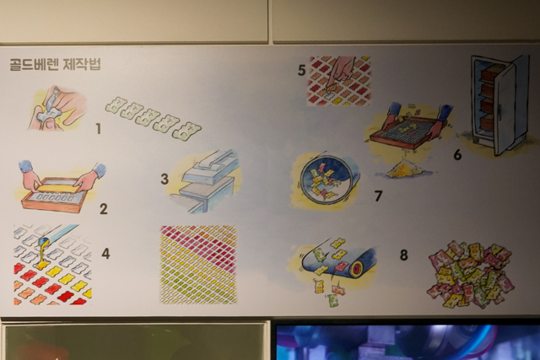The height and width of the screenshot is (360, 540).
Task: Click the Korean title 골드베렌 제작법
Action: pyautogui.click(x=55, y=64)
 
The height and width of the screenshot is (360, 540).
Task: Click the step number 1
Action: pyautogui.click(x=99, y=129)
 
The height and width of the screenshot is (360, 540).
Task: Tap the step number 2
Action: pyautogui.click(x=103, y=209)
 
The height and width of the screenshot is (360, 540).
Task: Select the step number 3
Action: pyautogui.click(x=165, y=179)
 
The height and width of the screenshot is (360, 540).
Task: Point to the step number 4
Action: pyautogui.click(x=105, y=254)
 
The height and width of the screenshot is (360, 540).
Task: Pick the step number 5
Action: pyautogui.click(x=302, y=71)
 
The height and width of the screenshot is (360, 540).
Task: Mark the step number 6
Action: pyautogui.click(x=457, y=154)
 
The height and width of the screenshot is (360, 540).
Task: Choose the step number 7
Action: pyautogui.click(x=378, y=196)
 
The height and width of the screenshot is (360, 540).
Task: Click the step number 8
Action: pyautogui.click(x=403, y=255)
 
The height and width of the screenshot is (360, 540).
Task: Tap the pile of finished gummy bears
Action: pyautogui.click(x=471, y=272)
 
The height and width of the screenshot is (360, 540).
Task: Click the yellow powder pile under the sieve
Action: pyautogui.click(x=403, y=170)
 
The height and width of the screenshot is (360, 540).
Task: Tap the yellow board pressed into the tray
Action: pyautogui.click(x=57, y=187)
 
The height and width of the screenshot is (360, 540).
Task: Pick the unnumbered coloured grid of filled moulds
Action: pyautogui.click(x=198, y=265)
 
